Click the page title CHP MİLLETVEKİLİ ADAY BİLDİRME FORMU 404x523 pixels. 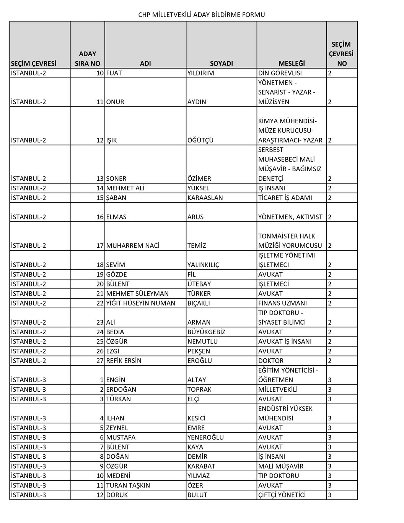point(202,15)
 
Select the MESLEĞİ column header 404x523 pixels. point(292,64)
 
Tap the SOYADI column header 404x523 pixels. point(221,64)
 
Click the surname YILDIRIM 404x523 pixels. point(201,73)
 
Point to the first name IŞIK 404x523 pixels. point(111,140)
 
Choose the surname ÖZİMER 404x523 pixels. point(199,178)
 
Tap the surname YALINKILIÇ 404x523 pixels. point(204,265)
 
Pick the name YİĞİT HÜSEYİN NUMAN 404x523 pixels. point(140,303)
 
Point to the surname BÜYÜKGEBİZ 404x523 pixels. point(206,332)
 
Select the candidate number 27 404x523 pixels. point(100,361)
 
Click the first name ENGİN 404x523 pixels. point(116,380)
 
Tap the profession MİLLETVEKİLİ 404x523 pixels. point(278,389)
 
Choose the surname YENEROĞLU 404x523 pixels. point(205,437)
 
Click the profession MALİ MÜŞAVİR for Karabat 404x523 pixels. point(281,466)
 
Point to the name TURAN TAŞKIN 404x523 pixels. point(128,485)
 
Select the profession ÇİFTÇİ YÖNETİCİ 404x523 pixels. point(282,495)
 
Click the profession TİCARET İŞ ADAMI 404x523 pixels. point(285,198)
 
